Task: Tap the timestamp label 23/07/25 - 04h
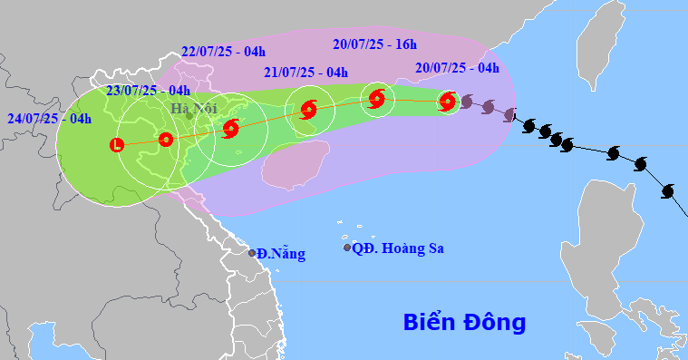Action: click(x=146, y=90)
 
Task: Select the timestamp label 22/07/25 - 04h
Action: click(x=222, y=52)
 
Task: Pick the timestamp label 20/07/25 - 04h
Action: click(x=458, y=67)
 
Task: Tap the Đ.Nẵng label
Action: click(x=280, y=253)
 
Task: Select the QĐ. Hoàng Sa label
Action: click(x=398, y=248)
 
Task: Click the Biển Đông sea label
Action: click(x=464, y=322)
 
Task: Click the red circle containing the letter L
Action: click(x=116, y=144)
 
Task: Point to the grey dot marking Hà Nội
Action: click(x=189, y=115)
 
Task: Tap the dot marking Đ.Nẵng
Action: click(x=252, y=252)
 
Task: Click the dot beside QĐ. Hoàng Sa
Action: click(x=346, y=248)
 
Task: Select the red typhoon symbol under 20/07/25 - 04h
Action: click(x=446, y=102)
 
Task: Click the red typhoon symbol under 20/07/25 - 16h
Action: click(x=377, y=99)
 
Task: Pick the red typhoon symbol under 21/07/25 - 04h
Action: click(x=307, y=112)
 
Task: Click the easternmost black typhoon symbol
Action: click(x=669, y=191)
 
